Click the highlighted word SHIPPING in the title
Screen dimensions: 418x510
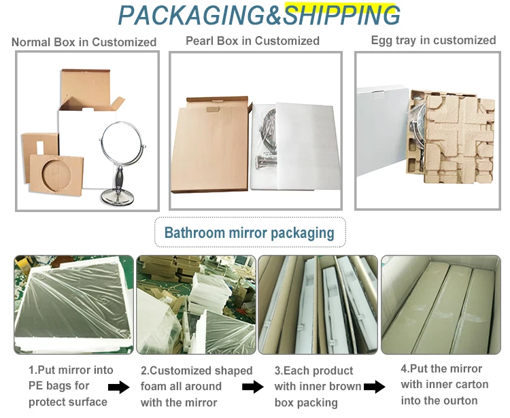click(341, 15)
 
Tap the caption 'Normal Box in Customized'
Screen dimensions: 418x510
click(84, 42)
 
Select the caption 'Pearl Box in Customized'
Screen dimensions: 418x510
click(252, 41)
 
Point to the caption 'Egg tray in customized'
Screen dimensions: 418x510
click(433, 40)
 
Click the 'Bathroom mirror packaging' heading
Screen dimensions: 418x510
click(249, 233)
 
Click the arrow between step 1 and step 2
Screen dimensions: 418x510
click(118, 387)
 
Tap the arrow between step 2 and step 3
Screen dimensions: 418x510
click(253, 387)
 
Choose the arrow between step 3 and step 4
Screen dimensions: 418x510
click(374, 387)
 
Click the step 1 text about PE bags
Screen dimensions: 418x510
click(68, 386)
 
